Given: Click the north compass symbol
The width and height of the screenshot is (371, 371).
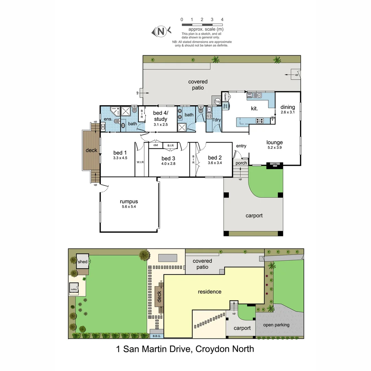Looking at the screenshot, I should point(161,32).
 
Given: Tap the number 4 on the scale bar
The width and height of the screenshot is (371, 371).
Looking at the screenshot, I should point(222,20).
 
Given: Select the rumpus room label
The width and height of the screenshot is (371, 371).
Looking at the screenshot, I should point(129,202).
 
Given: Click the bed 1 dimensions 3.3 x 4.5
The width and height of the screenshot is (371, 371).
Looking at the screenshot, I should point(120,158).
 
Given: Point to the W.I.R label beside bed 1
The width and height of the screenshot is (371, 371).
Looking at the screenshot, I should point(140,162).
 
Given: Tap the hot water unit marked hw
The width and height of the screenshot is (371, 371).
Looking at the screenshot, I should point(217,101).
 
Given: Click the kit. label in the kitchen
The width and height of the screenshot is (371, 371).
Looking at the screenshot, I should point(255,108).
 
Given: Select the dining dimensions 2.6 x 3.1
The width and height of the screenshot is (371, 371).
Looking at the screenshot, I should point(288,112).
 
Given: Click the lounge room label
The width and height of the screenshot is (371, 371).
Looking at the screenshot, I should point(274,142).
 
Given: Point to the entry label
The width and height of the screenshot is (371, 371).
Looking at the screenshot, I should point(241,146).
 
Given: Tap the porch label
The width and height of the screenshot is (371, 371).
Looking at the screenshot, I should point(241,163).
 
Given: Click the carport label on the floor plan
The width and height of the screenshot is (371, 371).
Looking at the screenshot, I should point(254,216).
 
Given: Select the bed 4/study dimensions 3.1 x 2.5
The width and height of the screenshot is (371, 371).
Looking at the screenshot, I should point(160,124).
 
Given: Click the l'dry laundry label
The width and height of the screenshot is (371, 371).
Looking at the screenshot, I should point(216,120).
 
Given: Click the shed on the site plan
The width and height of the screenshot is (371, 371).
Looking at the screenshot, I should point(82,261).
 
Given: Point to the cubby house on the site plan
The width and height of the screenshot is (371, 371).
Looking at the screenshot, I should point(74,289).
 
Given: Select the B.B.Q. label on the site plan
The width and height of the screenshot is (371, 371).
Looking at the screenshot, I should point(157,336).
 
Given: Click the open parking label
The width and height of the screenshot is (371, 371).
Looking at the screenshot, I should point(276,325).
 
